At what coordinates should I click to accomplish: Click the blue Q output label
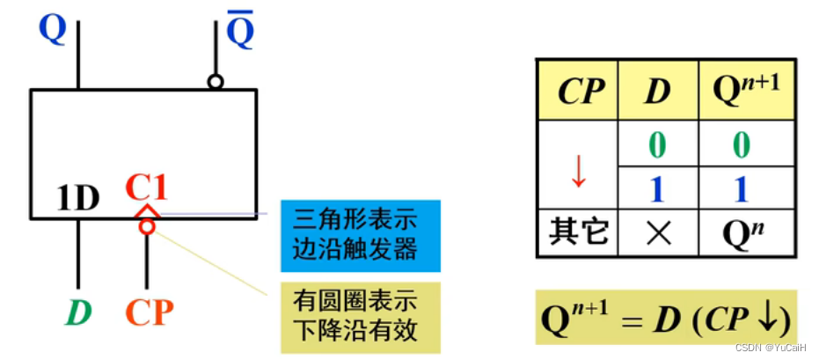click(53, 28)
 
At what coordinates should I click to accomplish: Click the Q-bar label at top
click(240, 33)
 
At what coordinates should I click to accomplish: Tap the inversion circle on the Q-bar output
click(215, 82)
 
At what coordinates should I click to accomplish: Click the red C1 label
click(146, 187)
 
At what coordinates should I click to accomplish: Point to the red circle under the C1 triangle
click(147, 227)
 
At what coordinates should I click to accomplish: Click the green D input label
click(80, 312)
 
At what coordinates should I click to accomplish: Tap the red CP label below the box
click(148, 312)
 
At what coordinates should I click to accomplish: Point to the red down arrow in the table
click(578, 171)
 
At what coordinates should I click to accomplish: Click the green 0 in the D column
click(656, 143)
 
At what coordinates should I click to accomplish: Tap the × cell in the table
click(656, 233)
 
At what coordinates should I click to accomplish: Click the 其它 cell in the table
click(577, 233)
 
